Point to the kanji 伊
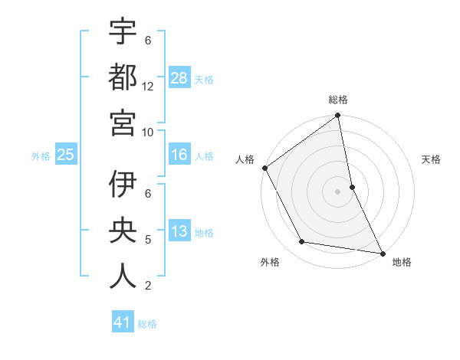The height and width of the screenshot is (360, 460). tap(123, 185)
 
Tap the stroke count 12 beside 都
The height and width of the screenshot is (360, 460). tap(148, 86)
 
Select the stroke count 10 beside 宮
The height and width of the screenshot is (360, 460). tap(148, 132)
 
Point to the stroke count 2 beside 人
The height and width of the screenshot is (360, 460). tap(148, 286)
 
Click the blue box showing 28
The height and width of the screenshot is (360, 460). tap(179, 77)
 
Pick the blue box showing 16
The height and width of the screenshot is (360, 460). tap(179, 155)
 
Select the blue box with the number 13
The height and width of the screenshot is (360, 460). tap(179, 231)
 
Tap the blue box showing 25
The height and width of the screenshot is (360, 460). tap(66, 155)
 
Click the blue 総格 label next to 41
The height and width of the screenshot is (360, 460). tap(147, 324)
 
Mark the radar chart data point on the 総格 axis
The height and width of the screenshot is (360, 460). tap(337, 116)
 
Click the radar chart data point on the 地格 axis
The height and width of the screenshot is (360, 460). tap(382, 253)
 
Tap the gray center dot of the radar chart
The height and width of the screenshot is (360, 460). tap(337, 191)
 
